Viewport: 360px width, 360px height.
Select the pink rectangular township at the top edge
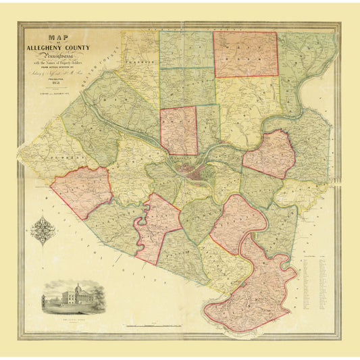coord(245,54)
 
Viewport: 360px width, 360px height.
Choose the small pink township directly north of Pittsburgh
coord(178,130)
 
